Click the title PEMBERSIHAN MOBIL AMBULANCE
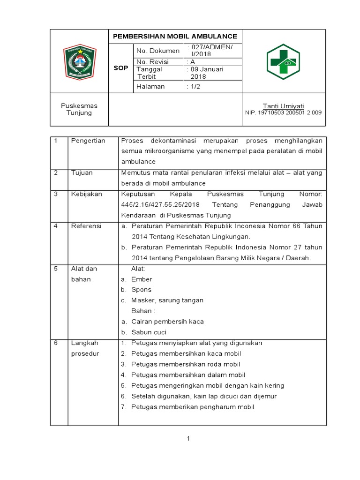coord(174,37)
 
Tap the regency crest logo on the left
coord(80,62)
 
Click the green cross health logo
coord(283,62)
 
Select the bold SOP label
coord(121,68)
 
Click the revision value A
coord(193,62)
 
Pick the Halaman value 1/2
coord(194,86)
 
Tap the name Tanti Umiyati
coord(284,106)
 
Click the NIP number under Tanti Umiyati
coord(284,112)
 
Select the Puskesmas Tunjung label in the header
coord(79,109)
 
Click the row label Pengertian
coord(88,141)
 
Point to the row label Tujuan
coord(82,172)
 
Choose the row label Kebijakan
coord(87,194)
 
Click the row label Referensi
coord(86,226)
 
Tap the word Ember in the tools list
coord(142,279)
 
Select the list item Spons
coord(141,290)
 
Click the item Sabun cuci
coord(149,332)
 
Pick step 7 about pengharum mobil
coord(192,407)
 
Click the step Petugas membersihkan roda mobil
coord(186,364)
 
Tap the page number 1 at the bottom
coord(188,438)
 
